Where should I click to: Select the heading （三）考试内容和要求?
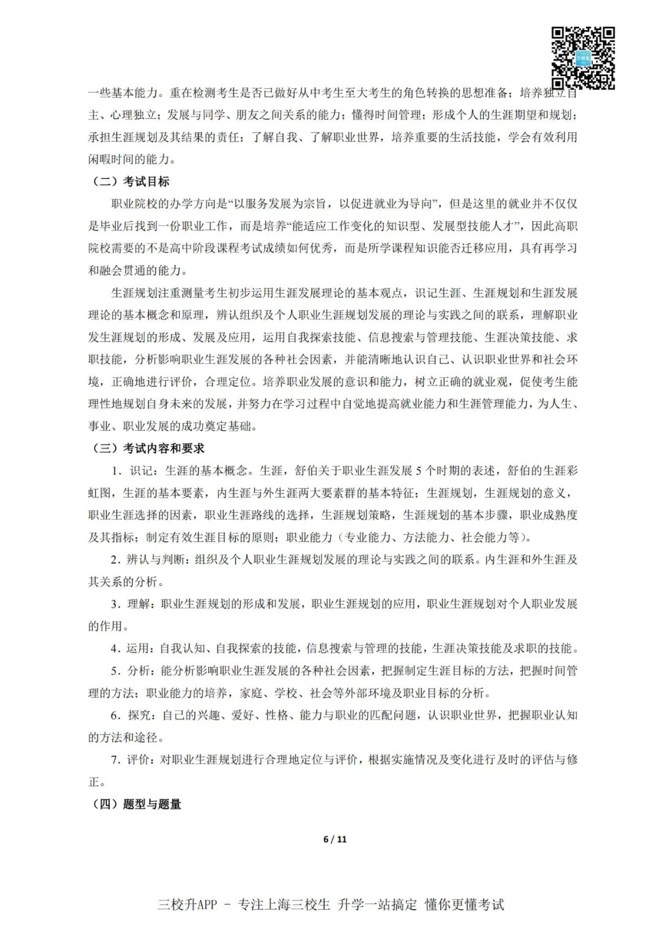tap(146, 448)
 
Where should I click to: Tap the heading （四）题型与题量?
tap(135, 804)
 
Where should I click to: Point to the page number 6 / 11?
tap(335, 839)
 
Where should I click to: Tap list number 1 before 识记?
tap(115, 471)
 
